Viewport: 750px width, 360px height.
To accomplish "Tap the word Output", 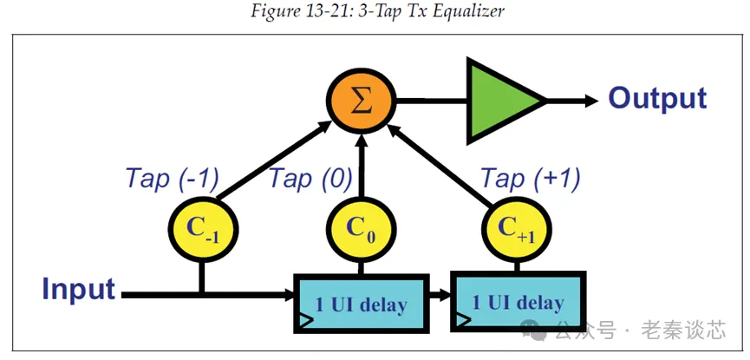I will click(x=657, y=98).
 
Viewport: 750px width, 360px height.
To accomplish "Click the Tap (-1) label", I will click(x=173, y=180).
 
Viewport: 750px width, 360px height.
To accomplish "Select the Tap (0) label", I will click(x=310, y=180).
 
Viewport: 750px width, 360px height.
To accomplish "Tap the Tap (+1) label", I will click(x=531, y=180).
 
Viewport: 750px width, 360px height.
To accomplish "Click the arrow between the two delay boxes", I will click(x=440, y=295).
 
